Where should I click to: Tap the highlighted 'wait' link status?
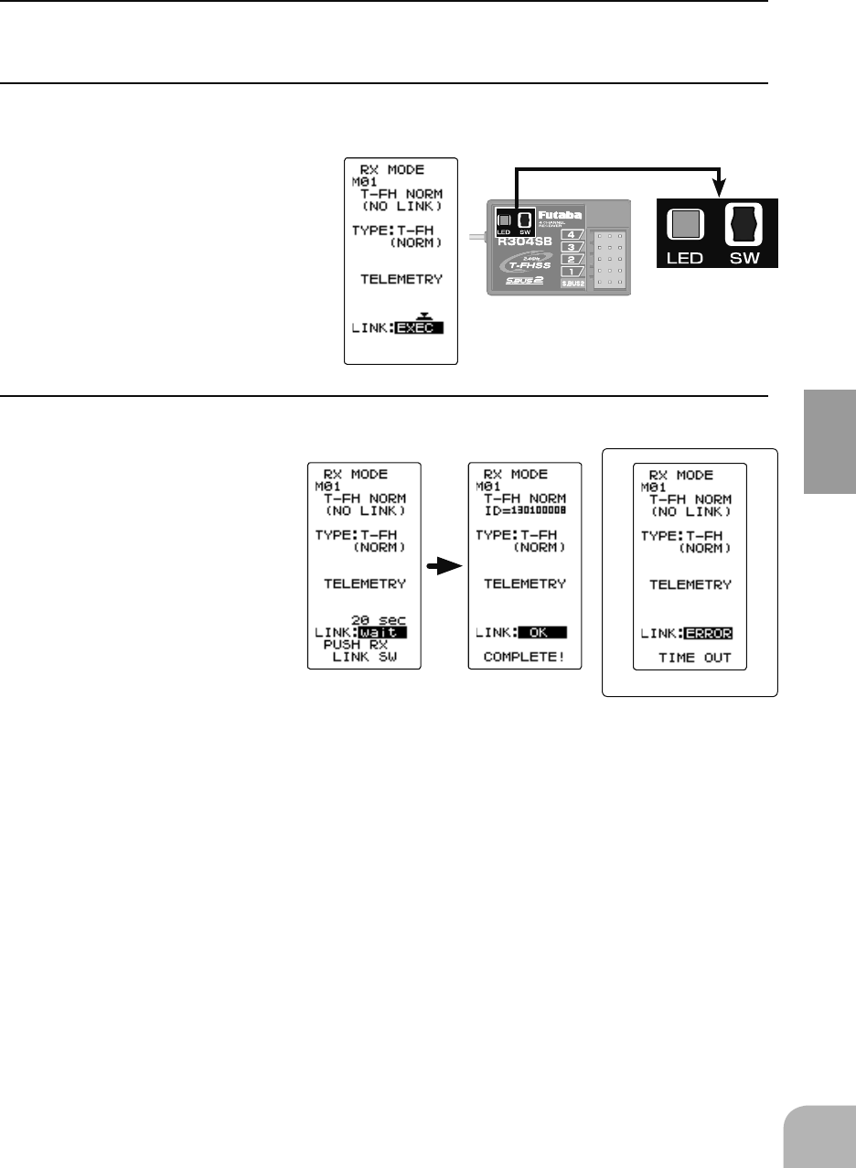click(x=381, y=631)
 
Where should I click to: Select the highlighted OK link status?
click(x=541, y=631)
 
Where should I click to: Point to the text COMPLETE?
click(x=523, y=657)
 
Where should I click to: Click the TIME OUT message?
click(x=695, y=658)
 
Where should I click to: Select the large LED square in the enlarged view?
click(x=686, y=224)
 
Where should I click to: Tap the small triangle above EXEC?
click(x=422, y=315)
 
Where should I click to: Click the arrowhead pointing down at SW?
click(x=721, y=189)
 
